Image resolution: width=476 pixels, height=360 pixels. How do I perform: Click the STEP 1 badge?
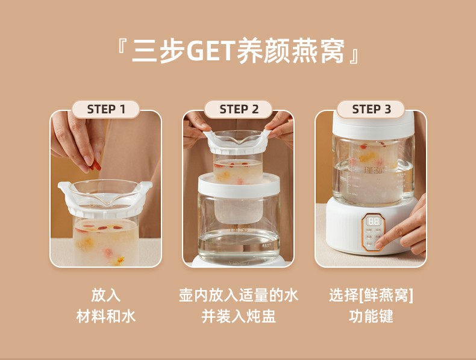[105, 109]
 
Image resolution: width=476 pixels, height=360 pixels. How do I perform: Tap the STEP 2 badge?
[239, 109]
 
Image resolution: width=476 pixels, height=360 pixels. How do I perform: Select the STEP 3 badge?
[371, 109]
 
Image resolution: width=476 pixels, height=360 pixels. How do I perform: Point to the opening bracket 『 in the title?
[122, 46]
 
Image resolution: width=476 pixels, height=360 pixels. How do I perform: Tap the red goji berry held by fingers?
[96, 165]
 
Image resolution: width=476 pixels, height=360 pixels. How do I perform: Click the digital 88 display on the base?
[373, 221]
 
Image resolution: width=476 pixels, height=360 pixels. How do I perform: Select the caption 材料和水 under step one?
[105, 316]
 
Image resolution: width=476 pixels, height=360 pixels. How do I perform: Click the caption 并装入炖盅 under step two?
[239, 316]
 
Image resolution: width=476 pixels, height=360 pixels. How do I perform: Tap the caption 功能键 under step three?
[371, 316]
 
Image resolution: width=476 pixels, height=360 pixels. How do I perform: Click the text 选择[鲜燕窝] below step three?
[371, 295]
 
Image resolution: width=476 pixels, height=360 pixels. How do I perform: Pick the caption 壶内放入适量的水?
[239, 295]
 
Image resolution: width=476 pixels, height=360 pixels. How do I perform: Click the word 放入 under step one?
[105, 295]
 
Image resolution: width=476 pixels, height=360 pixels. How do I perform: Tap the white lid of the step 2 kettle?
[239, 186]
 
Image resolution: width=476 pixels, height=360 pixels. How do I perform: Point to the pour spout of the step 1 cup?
[105, 201]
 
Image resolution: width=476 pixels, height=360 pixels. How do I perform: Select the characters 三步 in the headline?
[158, 51]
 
